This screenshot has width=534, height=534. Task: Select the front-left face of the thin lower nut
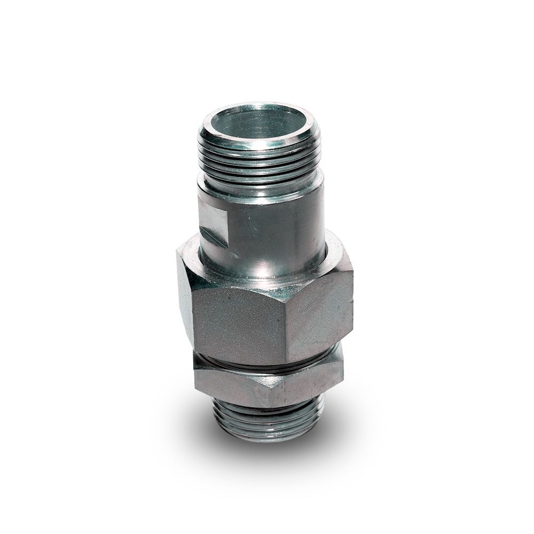click(230, 387)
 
